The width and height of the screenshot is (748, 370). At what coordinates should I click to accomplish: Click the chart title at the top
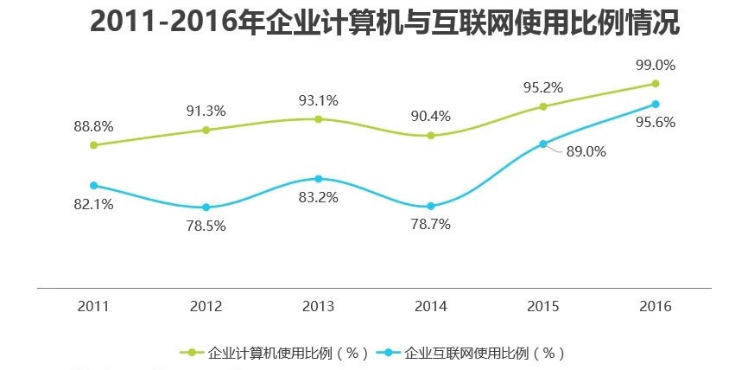tap(384, 23)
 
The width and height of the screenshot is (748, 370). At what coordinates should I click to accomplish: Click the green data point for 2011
tap(93, 145)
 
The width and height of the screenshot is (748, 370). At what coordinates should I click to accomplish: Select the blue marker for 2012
tap(206, 207)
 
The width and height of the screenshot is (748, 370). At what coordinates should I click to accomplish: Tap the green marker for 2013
tap(318, 119)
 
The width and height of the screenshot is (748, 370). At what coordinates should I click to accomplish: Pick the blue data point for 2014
tap(430, 207)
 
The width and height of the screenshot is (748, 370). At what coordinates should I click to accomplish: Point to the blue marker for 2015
tap(543, 144)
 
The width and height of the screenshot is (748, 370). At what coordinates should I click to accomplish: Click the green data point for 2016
tap(656, 84)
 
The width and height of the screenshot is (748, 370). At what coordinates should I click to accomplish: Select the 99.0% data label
tap(655, 65)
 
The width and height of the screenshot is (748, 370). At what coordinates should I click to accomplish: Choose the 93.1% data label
tap(318, 100)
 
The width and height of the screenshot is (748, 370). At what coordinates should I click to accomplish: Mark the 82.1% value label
tap(93, 204)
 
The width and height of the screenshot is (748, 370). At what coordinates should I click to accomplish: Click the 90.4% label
tap(430, 116)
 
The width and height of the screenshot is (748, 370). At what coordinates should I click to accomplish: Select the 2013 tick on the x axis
tap(318, 307)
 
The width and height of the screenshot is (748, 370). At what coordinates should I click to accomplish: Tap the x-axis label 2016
tap(655, 307)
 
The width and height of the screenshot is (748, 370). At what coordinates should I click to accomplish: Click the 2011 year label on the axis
tap(93, 307)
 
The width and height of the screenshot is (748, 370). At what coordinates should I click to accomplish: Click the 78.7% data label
tap(430, 224)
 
